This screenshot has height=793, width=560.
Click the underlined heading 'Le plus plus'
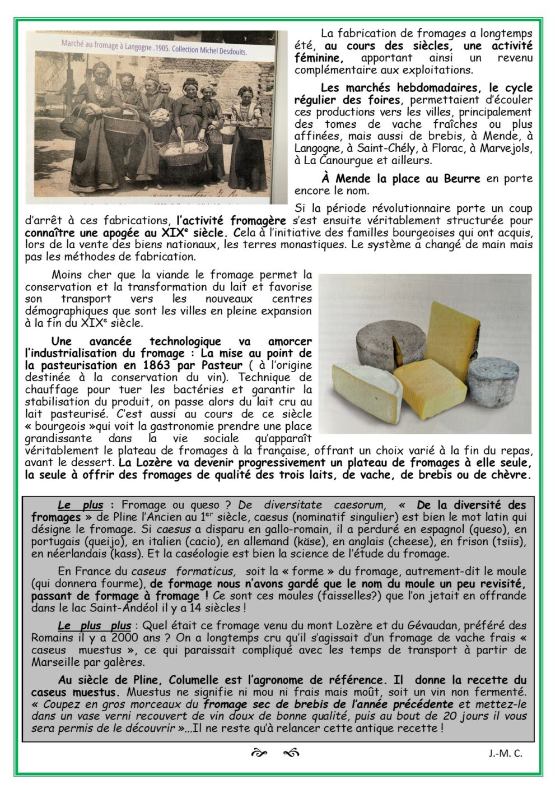click(94, 625)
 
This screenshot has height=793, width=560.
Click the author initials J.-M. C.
click(505, 753)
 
